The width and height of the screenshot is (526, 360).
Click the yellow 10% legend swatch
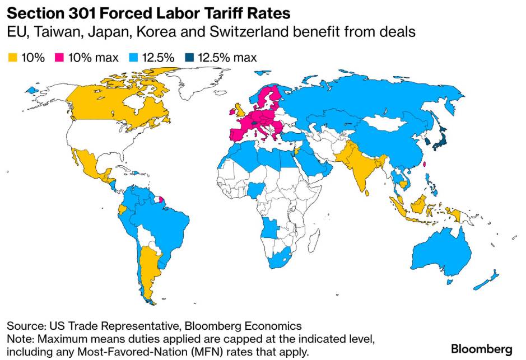click(12, 58)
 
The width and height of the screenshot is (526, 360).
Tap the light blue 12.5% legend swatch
click(133, 58)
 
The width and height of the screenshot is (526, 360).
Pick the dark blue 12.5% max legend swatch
click(189, 58)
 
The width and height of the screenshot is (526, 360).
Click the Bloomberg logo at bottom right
click(481, 349)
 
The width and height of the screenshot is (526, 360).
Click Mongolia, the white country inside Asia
click(386, 123)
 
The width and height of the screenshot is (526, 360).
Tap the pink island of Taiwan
click(423, 165)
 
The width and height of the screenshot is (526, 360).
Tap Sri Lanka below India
click(367, 193)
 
